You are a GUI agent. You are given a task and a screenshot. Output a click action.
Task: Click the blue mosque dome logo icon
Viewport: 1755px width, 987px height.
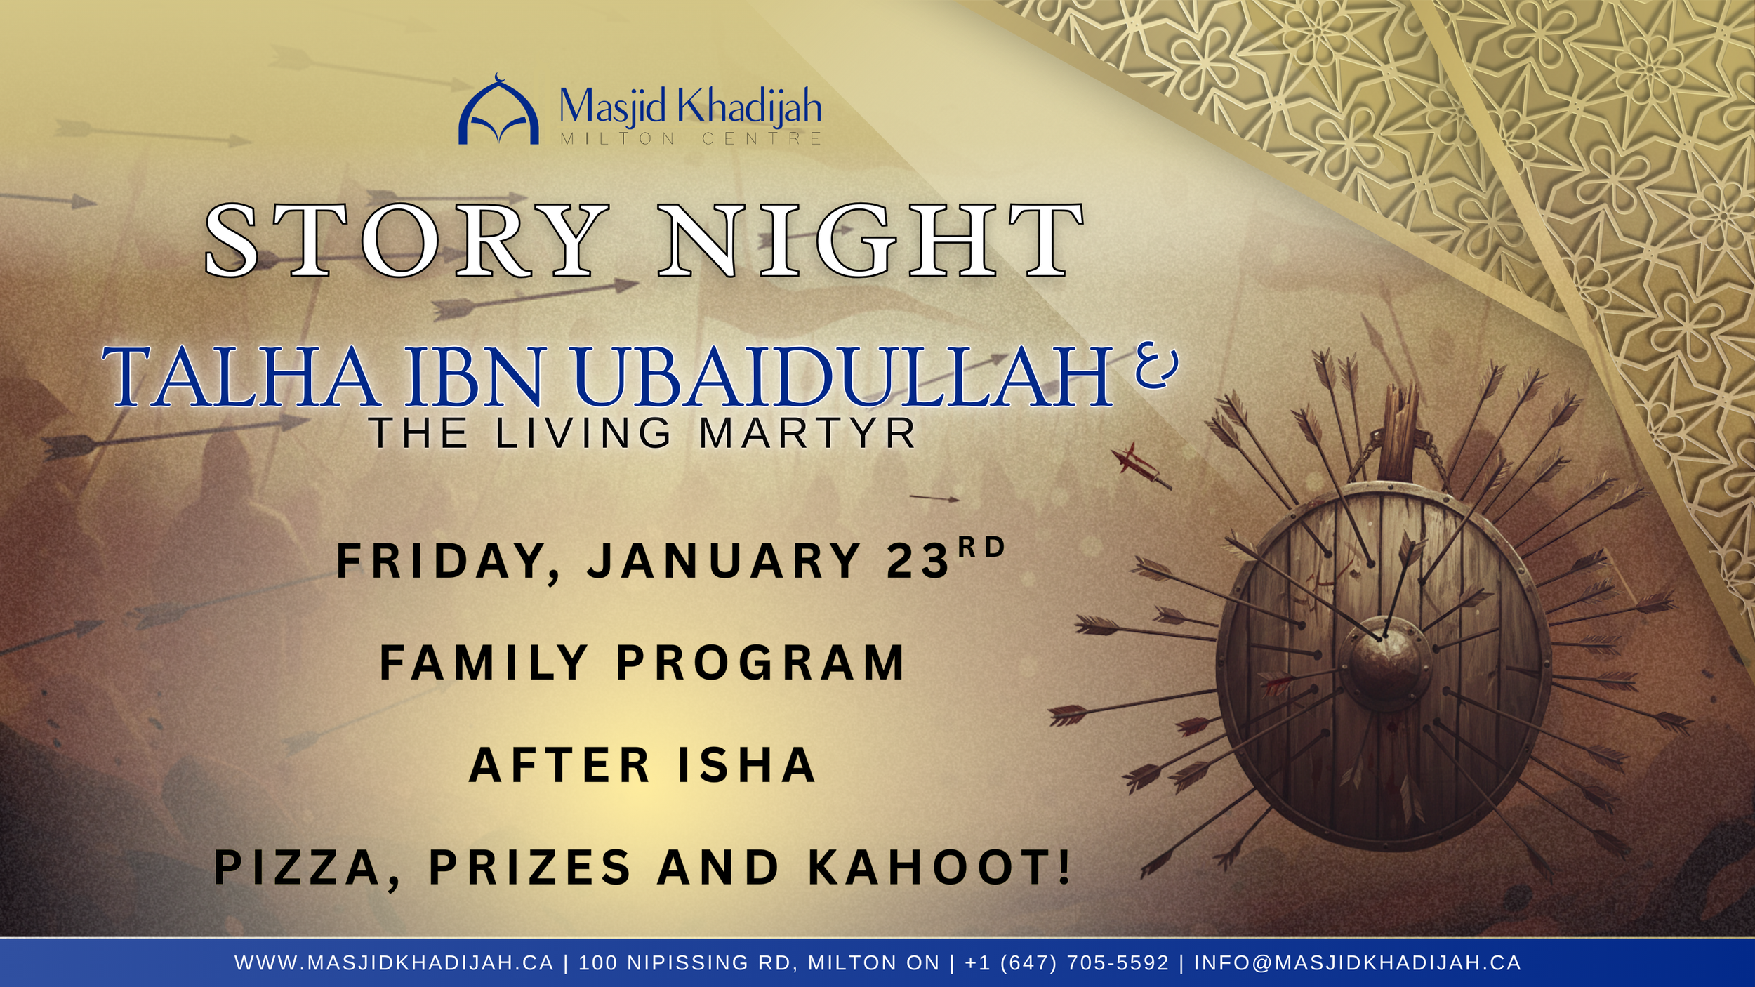tap(498, 112)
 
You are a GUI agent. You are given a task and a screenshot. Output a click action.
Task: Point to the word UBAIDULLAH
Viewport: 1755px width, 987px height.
tap(842, 377)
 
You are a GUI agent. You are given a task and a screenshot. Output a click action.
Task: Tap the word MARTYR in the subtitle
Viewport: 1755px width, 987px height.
tap(807, 433)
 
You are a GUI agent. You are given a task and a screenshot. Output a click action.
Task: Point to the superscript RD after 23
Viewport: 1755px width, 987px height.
tap(982, 547)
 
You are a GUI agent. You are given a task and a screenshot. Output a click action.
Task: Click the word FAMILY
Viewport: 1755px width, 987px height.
tap(484, 663)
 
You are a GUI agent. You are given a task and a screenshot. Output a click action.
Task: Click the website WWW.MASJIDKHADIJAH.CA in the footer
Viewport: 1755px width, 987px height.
tap(394, 962)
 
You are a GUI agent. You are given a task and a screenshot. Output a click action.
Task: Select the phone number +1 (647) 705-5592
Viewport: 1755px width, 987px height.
tap(1066, 962)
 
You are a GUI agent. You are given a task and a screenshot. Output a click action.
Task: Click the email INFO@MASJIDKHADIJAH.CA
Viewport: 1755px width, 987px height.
tap(1358, 962)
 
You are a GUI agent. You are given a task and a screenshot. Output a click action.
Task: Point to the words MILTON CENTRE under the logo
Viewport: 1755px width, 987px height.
tap(691, 138)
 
